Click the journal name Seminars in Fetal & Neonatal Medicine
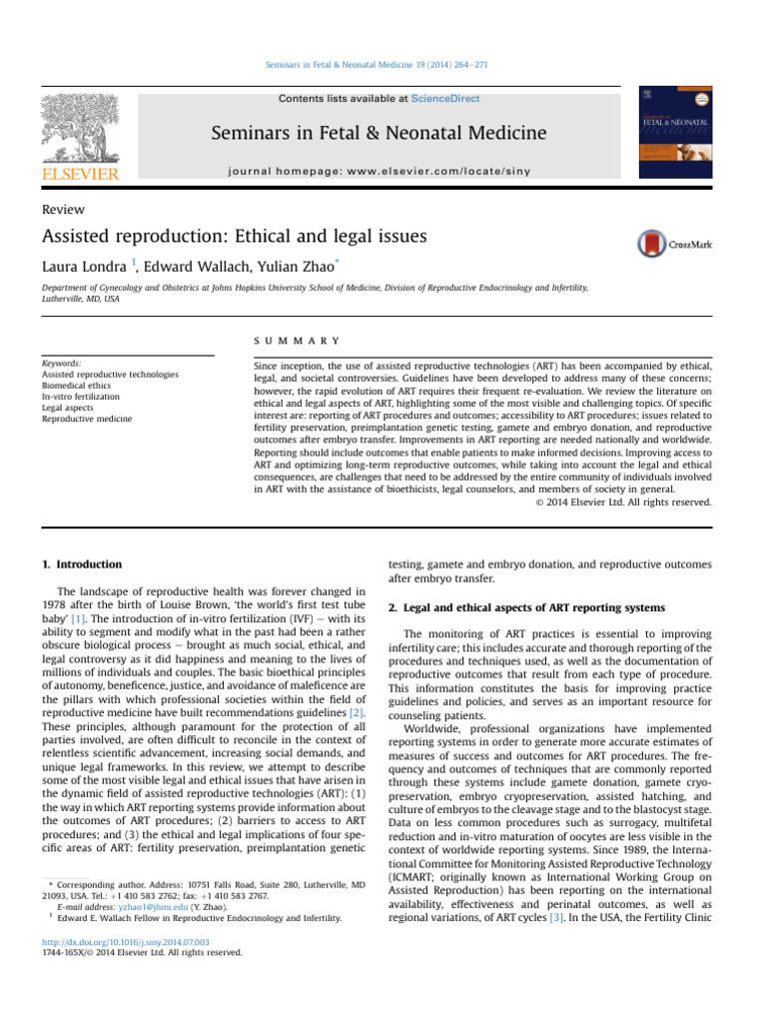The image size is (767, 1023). coord(378,133)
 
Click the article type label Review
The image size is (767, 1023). coord(63,210)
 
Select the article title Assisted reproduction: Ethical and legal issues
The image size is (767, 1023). coord(234,238)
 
